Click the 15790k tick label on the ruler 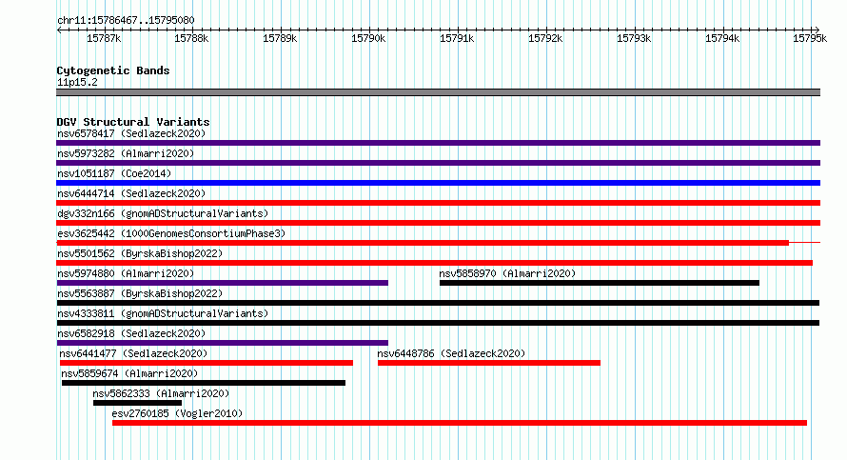[368, 38]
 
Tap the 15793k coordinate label [634, 38]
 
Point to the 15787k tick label [104, 38]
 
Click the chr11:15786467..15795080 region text [126, 21]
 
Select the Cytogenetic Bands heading [113, 70]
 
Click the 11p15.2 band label [77, 82]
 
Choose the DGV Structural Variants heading [133, 122]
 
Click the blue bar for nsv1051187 [438, 183]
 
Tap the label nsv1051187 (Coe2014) [114, 173]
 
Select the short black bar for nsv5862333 [137, 403]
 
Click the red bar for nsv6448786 [489, 363]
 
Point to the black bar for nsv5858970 [599, 283]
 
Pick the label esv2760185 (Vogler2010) [177, 413]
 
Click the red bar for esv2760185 [460, 423]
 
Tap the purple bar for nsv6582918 [222, 343]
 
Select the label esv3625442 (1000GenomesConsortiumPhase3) [171, 233]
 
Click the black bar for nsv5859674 [204, 383]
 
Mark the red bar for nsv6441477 [207, 363]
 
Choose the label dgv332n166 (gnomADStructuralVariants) [163, 213]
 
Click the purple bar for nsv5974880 [222, 283]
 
